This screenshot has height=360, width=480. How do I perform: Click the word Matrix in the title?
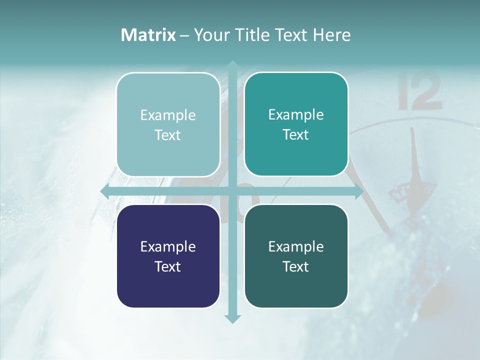tap(148, 35)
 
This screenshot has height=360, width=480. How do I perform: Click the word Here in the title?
tap(332, 35)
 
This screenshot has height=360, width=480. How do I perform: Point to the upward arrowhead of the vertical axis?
tap(232, 64)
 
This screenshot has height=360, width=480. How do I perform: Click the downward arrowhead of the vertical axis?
tap(232, 319)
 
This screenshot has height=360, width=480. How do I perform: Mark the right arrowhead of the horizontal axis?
tap(359, 191)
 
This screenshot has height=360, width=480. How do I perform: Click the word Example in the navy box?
tap(168, 246)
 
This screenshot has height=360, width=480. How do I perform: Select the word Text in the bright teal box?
tap(296, 135)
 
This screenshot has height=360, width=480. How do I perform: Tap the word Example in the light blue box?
tap(168, 115)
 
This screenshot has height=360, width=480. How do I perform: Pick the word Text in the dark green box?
tap(296, 266)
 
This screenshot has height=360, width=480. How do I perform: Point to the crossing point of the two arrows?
tap(232, 191)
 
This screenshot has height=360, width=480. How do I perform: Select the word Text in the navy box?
tap(168, 266)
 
